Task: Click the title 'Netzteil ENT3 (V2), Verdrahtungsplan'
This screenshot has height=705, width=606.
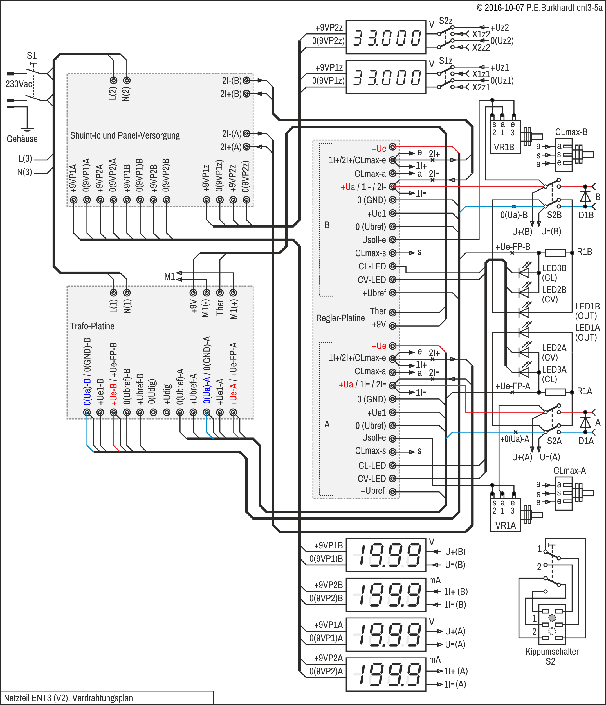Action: (68, 698)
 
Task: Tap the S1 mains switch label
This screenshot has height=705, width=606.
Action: (32, 55)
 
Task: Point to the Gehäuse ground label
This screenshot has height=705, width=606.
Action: (22, 139)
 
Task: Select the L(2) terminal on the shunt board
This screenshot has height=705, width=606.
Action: (113, 81)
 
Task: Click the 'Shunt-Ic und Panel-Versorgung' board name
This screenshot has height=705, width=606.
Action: (125, 135)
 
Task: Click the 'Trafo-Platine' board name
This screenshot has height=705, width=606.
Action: (92, 326)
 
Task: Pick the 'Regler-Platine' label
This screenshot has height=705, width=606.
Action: (340, 318)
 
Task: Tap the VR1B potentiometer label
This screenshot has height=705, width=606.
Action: (504, 147)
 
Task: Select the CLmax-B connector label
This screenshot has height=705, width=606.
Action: (571, 132)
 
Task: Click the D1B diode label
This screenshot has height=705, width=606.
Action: (586, 215)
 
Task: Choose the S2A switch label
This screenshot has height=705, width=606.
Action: (554, 441)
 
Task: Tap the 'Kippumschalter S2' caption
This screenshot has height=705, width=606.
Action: (552, 656)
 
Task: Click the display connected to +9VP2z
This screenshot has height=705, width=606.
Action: (386, 37)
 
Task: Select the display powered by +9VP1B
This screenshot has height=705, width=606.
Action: (386, 555)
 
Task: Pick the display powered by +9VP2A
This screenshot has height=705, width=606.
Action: (386, 674)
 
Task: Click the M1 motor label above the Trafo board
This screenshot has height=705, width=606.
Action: (169, 276)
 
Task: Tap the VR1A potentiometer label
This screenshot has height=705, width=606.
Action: (506, 525)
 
